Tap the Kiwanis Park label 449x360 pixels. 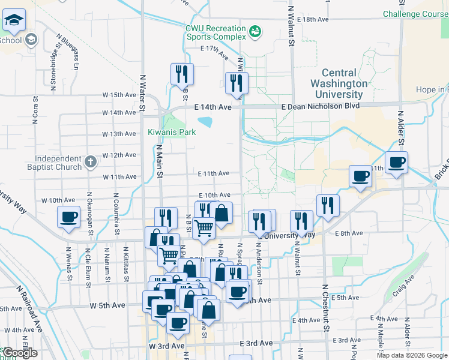(172, 132)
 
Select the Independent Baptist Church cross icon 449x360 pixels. (90, 161)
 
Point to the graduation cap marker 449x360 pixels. (14, 21)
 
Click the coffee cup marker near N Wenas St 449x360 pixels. (69, 217)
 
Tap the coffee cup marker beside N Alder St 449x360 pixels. (397, 162)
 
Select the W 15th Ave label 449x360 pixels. (119, 95)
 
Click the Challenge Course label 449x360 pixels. (415, 13)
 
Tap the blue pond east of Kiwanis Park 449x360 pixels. (205, 122)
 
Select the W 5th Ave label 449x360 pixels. (108, 305)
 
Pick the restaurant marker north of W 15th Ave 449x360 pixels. (181, 74)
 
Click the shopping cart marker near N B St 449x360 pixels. (204, 227)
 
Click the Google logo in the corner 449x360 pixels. (19, 353)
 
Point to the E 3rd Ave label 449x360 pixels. (256, 343)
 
